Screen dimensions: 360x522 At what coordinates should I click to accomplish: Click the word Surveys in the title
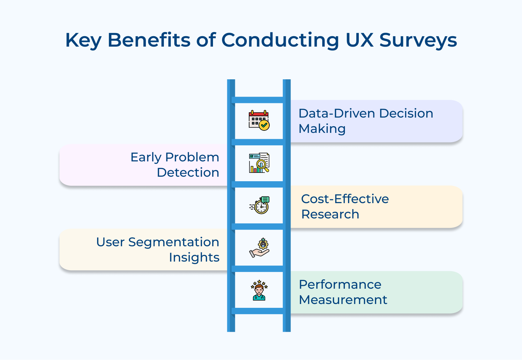tap(418, 40)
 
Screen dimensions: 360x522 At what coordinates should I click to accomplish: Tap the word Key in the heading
tap(83, 40)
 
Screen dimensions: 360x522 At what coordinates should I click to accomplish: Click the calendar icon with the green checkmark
tap(259, 120)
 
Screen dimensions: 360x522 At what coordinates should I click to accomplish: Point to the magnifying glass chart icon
tap(259, 163)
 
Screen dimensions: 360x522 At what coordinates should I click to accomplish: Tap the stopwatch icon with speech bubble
tap(260, 205)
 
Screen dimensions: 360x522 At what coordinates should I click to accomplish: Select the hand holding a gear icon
tap(259, 248)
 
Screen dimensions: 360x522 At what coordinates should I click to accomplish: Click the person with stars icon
tap(259, 290)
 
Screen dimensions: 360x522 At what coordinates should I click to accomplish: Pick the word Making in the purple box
tap(322, 129)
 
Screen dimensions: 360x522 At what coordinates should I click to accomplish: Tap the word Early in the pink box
tap(146, 157)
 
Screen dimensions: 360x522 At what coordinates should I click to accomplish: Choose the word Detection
tap(188, 173)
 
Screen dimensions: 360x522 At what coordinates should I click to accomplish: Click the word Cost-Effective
tap(345, 199)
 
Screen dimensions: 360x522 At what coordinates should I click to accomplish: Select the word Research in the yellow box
tap(330, 214)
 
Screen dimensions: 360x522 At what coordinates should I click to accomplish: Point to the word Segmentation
tap(174, 242)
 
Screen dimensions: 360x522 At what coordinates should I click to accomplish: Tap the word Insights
tap(194, 257)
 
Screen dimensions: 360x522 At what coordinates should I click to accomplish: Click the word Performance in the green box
tap(340, 285)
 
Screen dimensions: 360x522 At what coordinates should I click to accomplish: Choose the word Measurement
tap(343, 300)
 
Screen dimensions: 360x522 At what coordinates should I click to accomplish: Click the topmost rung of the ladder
tap(259, 100)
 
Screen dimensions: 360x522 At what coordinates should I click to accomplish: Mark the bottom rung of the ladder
tap(259, 311)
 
